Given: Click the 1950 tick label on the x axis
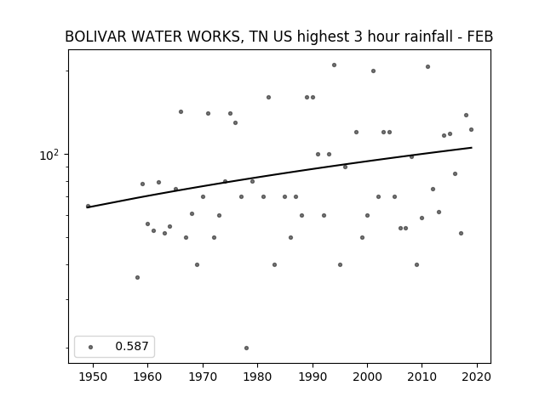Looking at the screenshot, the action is (93, 377).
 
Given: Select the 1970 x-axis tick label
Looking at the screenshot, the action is (203, 377).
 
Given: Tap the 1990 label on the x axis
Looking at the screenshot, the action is (313, 377).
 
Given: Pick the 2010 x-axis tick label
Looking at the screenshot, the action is (422, 377).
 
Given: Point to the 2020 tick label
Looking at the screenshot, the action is (477, 377).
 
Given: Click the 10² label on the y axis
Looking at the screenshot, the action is (49, 155).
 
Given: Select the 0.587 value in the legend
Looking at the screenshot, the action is (132, 346).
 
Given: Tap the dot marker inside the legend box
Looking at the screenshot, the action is (91, 347).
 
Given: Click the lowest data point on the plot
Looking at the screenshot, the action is (246, 348).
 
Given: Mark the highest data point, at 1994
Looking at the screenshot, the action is (334, 65).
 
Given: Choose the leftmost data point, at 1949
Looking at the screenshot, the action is (88, 206).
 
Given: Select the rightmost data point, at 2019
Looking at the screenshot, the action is (471, 130).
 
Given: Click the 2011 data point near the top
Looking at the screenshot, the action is (427, 66).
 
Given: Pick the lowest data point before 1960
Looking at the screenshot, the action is (137, 278).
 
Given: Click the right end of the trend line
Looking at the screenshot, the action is (472, 147).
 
